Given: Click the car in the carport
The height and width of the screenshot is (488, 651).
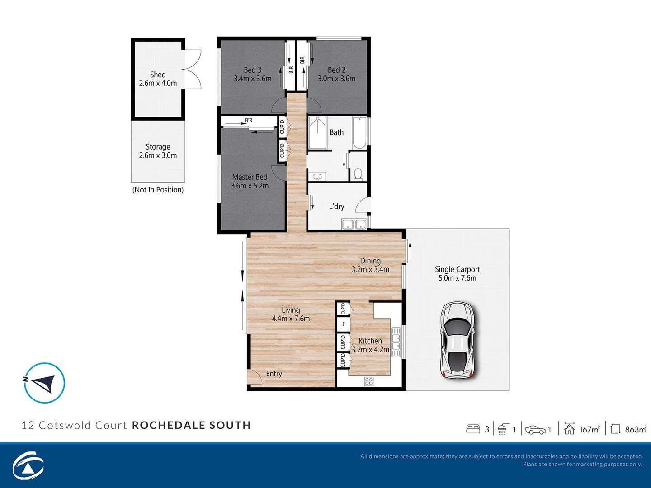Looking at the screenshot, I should pos(458,340).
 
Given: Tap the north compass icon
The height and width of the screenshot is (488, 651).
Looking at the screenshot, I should pos(44,383).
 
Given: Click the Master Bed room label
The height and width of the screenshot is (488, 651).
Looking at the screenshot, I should pos(250,177).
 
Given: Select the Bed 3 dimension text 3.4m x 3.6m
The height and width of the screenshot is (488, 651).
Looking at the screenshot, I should pos(252,79).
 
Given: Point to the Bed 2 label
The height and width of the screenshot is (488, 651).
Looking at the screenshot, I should pos(336,70).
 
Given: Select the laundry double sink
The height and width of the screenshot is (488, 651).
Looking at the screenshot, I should pos(354,224).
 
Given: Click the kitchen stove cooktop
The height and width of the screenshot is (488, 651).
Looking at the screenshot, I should pos(369,381).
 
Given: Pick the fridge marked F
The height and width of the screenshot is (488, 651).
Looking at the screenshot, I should pos(343,324).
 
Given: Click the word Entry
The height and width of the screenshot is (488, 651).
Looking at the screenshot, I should pos(274,374).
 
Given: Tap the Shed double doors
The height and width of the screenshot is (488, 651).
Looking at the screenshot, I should pos(193,69).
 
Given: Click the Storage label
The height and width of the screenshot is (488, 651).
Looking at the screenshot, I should pos(158,147).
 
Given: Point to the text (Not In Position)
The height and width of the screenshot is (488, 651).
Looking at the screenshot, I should pos(158,190).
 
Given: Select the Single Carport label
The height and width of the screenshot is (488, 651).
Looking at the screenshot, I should pos(457,269).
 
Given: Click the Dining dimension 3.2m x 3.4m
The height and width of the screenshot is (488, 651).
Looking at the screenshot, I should pos(370,269).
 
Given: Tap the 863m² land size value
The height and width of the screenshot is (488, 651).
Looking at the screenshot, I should pos(635,429).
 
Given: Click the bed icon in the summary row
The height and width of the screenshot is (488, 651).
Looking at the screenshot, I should pos(473,429).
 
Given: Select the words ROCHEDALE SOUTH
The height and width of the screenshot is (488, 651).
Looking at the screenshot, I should pos(191,425).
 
